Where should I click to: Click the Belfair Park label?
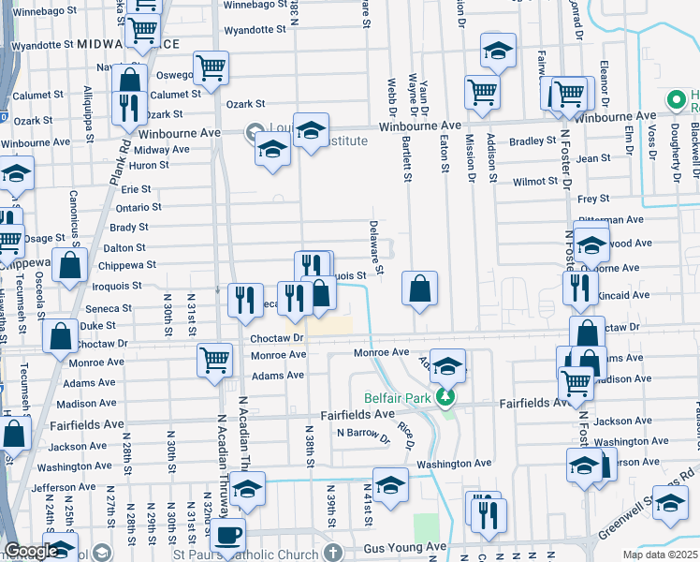click(x=397, y=396)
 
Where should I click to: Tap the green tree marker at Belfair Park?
click(x=447, y=396)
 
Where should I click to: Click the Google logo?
click(x=30, y=551)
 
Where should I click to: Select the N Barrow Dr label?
click(x=363, y=434)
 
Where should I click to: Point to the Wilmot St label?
click(x=535, y=181)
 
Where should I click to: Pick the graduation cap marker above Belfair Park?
click(x=448, y=366)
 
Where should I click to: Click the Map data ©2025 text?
click(x=661, y=555)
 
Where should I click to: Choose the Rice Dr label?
click(x=406, y=433)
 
